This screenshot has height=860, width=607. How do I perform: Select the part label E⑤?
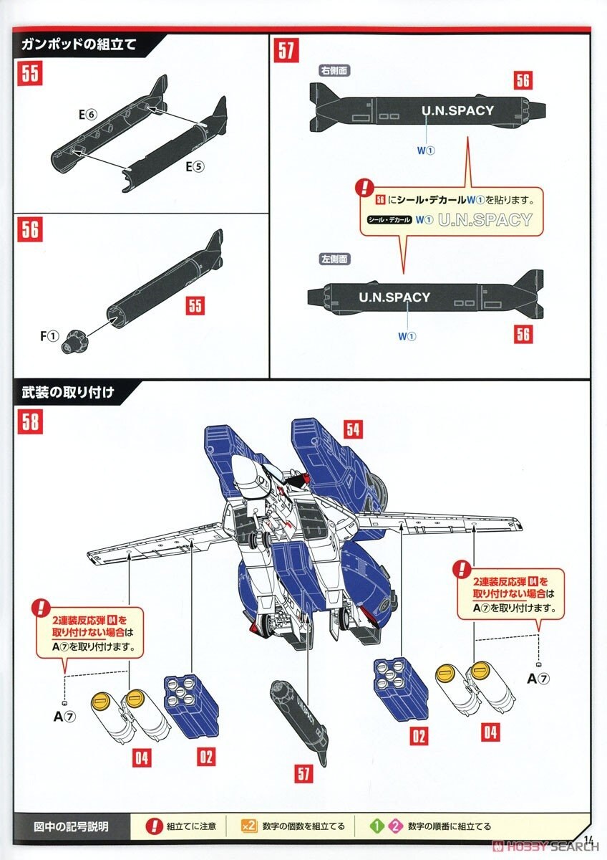click(x=195, y=166)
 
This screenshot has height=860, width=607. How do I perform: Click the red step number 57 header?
click(x=286, y=52)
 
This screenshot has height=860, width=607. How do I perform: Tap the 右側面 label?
click(x=334, y=71)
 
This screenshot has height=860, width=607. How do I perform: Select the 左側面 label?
click(x=334, y=258)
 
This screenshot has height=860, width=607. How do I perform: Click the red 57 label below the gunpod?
click(x=304, y=773)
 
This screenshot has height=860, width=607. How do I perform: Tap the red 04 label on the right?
click(x=490, y=732)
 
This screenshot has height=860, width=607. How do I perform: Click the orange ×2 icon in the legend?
click(x=248, y=826)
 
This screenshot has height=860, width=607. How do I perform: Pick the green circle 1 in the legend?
click(x=376, y=826)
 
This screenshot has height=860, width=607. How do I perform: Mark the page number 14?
click(x=589, y=840)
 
